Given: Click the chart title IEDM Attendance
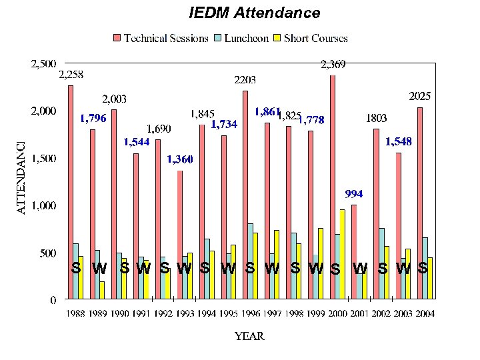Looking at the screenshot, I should (254, 13).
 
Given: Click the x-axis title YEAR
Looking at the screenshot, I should (249, 336).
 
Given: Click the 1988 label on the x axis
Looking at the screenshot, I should (76, 313).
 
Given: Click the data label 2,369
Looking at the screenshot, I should (333, 65).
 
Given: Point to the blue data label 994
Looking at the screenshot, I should (354, 194).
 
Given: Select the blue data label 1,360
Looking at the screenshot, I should (180, 159).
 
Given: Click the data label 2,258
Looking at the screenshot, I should (71, 75).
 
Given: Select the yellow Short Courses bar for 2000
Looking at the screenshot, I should (342, 254).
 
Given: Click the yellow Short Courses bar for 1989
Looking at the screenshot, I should (102, 290).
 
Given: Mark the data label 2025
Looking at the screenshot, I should (419, 97).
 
